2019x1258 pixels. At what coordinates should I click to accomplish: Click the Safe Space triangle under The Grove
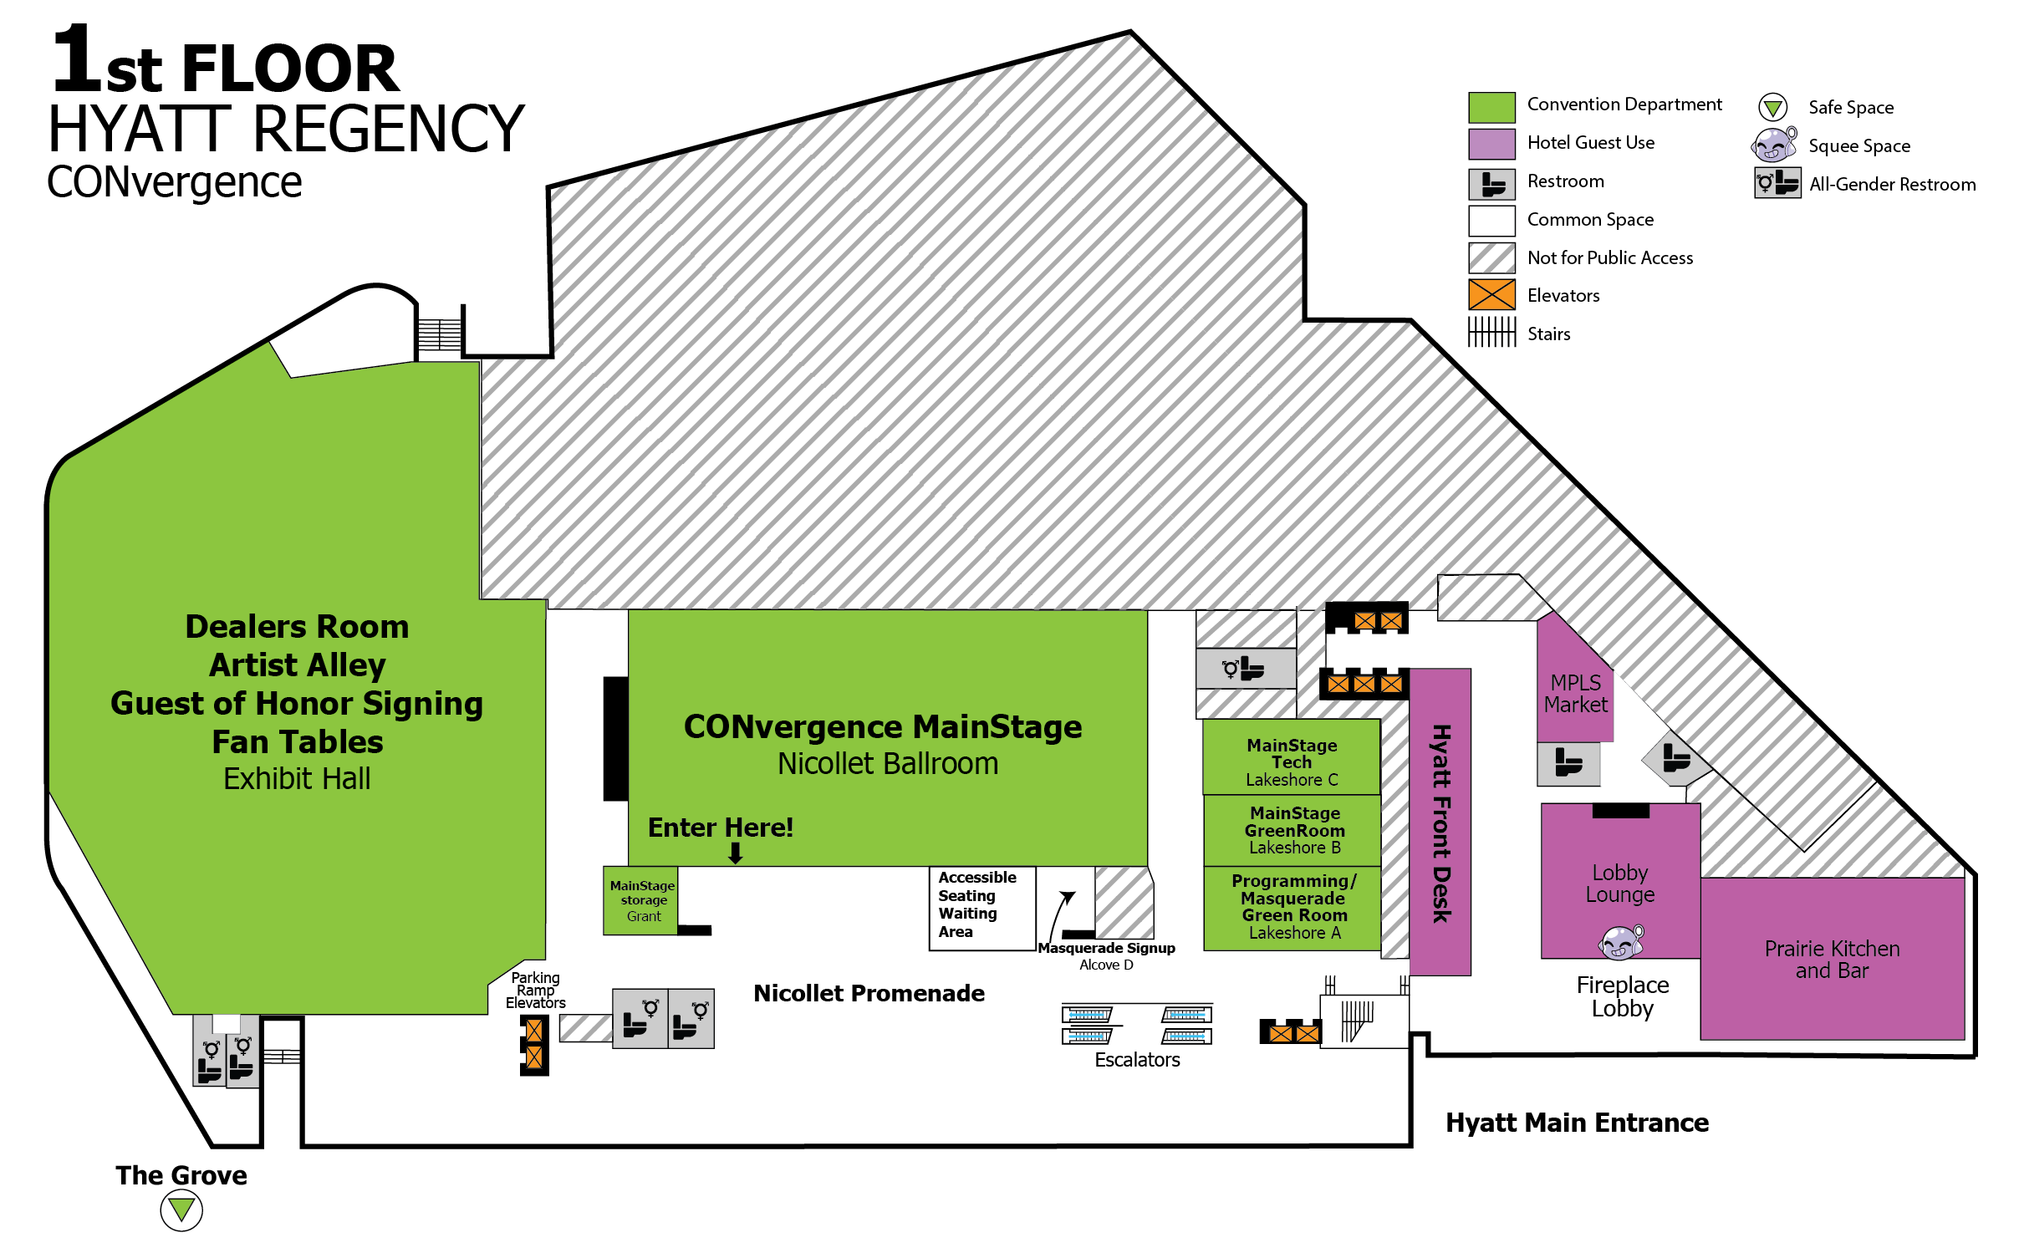point(181,1210)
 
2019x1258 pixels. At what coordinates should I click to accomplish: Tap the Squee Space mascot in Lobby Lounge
point(1620,942)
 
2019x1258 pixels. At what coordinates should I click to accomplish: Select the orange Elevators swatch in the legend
point(1491,295)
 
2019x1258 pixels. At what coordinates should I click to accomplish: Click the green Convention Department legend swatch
point(1491,108)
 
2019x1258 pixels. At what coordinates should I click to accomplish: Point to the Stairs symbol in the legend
point(1491,333)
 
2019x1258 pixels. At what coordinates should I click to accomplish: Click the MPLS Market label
point(1575,694)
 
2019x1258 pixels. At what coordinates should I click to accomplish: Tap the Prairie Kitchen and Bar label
point(1832,960)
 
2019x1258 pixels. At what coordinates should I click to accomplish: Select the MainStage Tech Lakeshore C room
point(1292,761)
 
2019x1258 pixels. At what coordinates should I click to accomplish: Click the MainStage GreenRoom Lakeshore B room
point(1294,830)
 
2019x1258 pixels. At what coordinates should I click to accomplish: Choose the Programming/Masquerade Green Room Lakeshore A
point(1293,907)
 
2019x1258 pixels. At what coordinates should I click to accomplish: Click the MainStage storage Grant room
point(641,900)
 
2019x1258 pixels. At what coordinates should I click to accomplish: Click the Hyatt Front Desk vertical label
point(1440,823)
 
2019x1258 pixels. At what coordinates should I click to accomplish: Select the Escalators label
point(1137,1060)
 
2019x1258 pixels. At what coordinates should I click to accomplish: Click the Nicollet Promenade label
point(869,993)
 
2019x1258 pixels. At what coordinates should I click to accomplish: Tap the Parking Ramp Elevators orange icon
point(534,1044)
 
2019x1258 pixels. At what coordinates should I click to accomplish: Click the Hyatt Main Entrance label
point(1577,1123)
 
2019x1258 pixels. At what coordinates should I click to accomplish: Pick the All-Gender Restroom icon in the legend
point(1777,183)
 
